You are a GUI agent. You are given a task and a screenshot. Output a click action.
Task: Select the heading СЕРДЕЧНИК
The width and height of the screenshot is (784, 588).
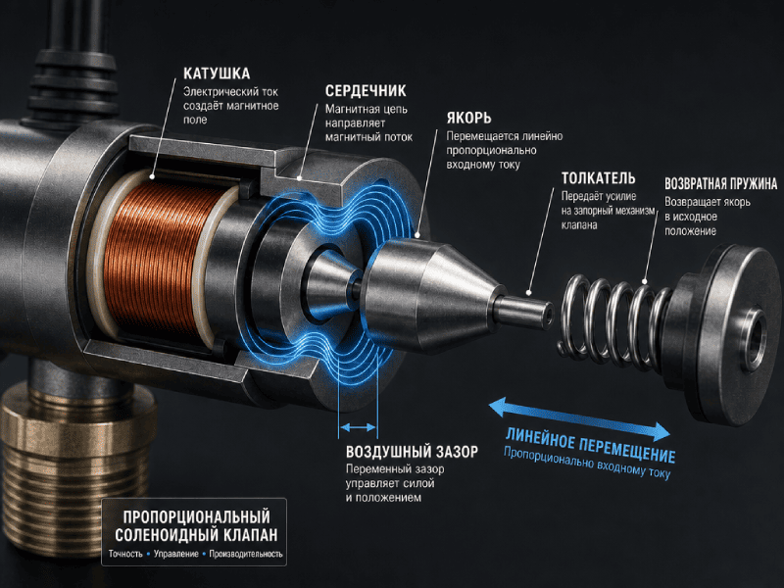click(366, 91)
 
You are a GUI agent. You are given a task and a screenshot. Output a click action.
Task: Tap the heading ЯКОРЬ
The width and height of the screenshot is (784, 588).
click(469, 118)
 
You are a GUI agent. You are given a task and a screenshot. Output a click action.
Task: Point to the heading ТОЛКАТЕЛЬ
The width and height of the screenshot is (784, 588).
click(598, 178)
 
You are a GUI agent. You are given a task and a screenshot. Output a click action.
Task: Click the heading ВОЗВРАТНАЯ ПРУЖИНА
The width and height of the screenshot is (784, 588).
click(721, 183)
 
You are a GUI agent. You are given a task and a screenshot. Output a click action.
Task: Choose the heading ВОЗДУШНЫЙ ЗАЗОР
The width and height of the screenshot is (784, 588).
click(412, 452)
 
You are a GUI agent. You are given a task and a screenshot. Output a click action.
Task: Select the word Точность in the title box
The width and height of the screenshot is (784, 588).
click(125, 554)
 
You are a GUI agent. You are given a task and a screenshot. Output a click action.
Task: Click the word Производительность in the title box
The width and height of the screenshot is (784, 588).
click(246, 554)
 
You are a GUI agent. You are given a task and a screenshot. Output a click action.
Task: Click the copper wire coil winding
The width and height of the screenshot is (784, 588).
click(158, 258)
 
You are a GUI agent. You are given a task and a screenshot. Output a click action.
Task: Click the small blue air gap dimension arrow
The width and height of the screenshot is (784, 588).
click(358, 427)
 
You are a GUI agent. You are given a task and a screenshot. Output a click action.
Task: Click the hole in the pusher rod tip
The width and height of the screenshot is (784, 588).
click(549, 315)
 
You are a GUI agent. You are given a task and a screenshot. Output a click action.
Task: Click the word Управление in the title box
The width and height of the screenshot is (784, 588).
click(176, 554)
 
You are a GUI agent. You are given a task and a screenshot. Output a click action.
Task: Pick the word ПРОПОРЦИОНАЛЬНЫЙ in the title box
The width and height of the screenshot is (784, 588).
click(197, 516)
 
